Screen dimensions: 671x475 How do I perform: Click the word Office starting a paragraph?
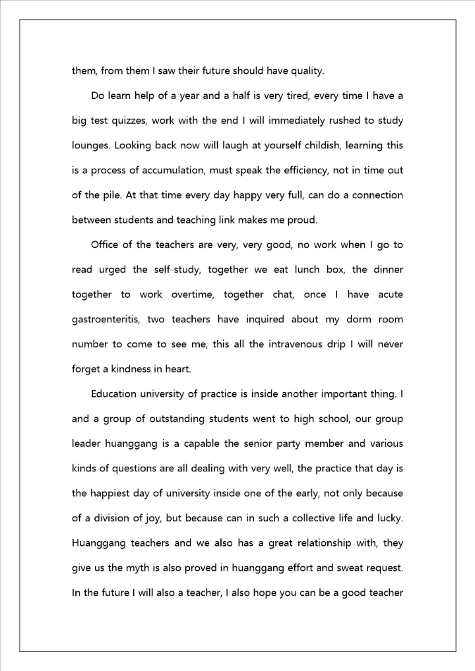click(106, 245)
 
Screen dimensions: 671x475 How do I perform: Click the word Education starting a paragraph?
click(114, 394)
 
